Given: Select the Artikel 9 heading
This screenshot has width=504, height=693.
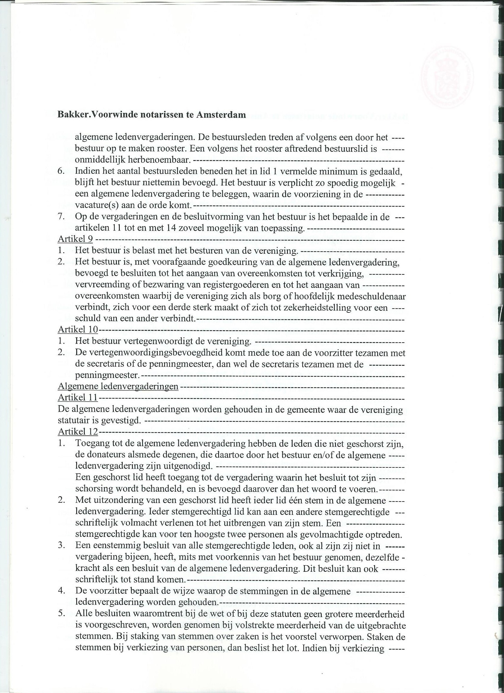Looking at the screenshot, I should point(75,239).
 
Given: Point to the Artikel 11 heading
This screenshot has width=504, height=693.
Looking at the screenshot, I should point(78,397).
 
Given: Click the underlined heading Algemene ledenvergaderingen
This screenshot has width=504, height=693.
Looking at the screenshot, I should point(118,386).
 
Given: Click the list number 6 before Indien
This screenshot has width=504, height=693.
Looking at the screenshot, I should point(61,171).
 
